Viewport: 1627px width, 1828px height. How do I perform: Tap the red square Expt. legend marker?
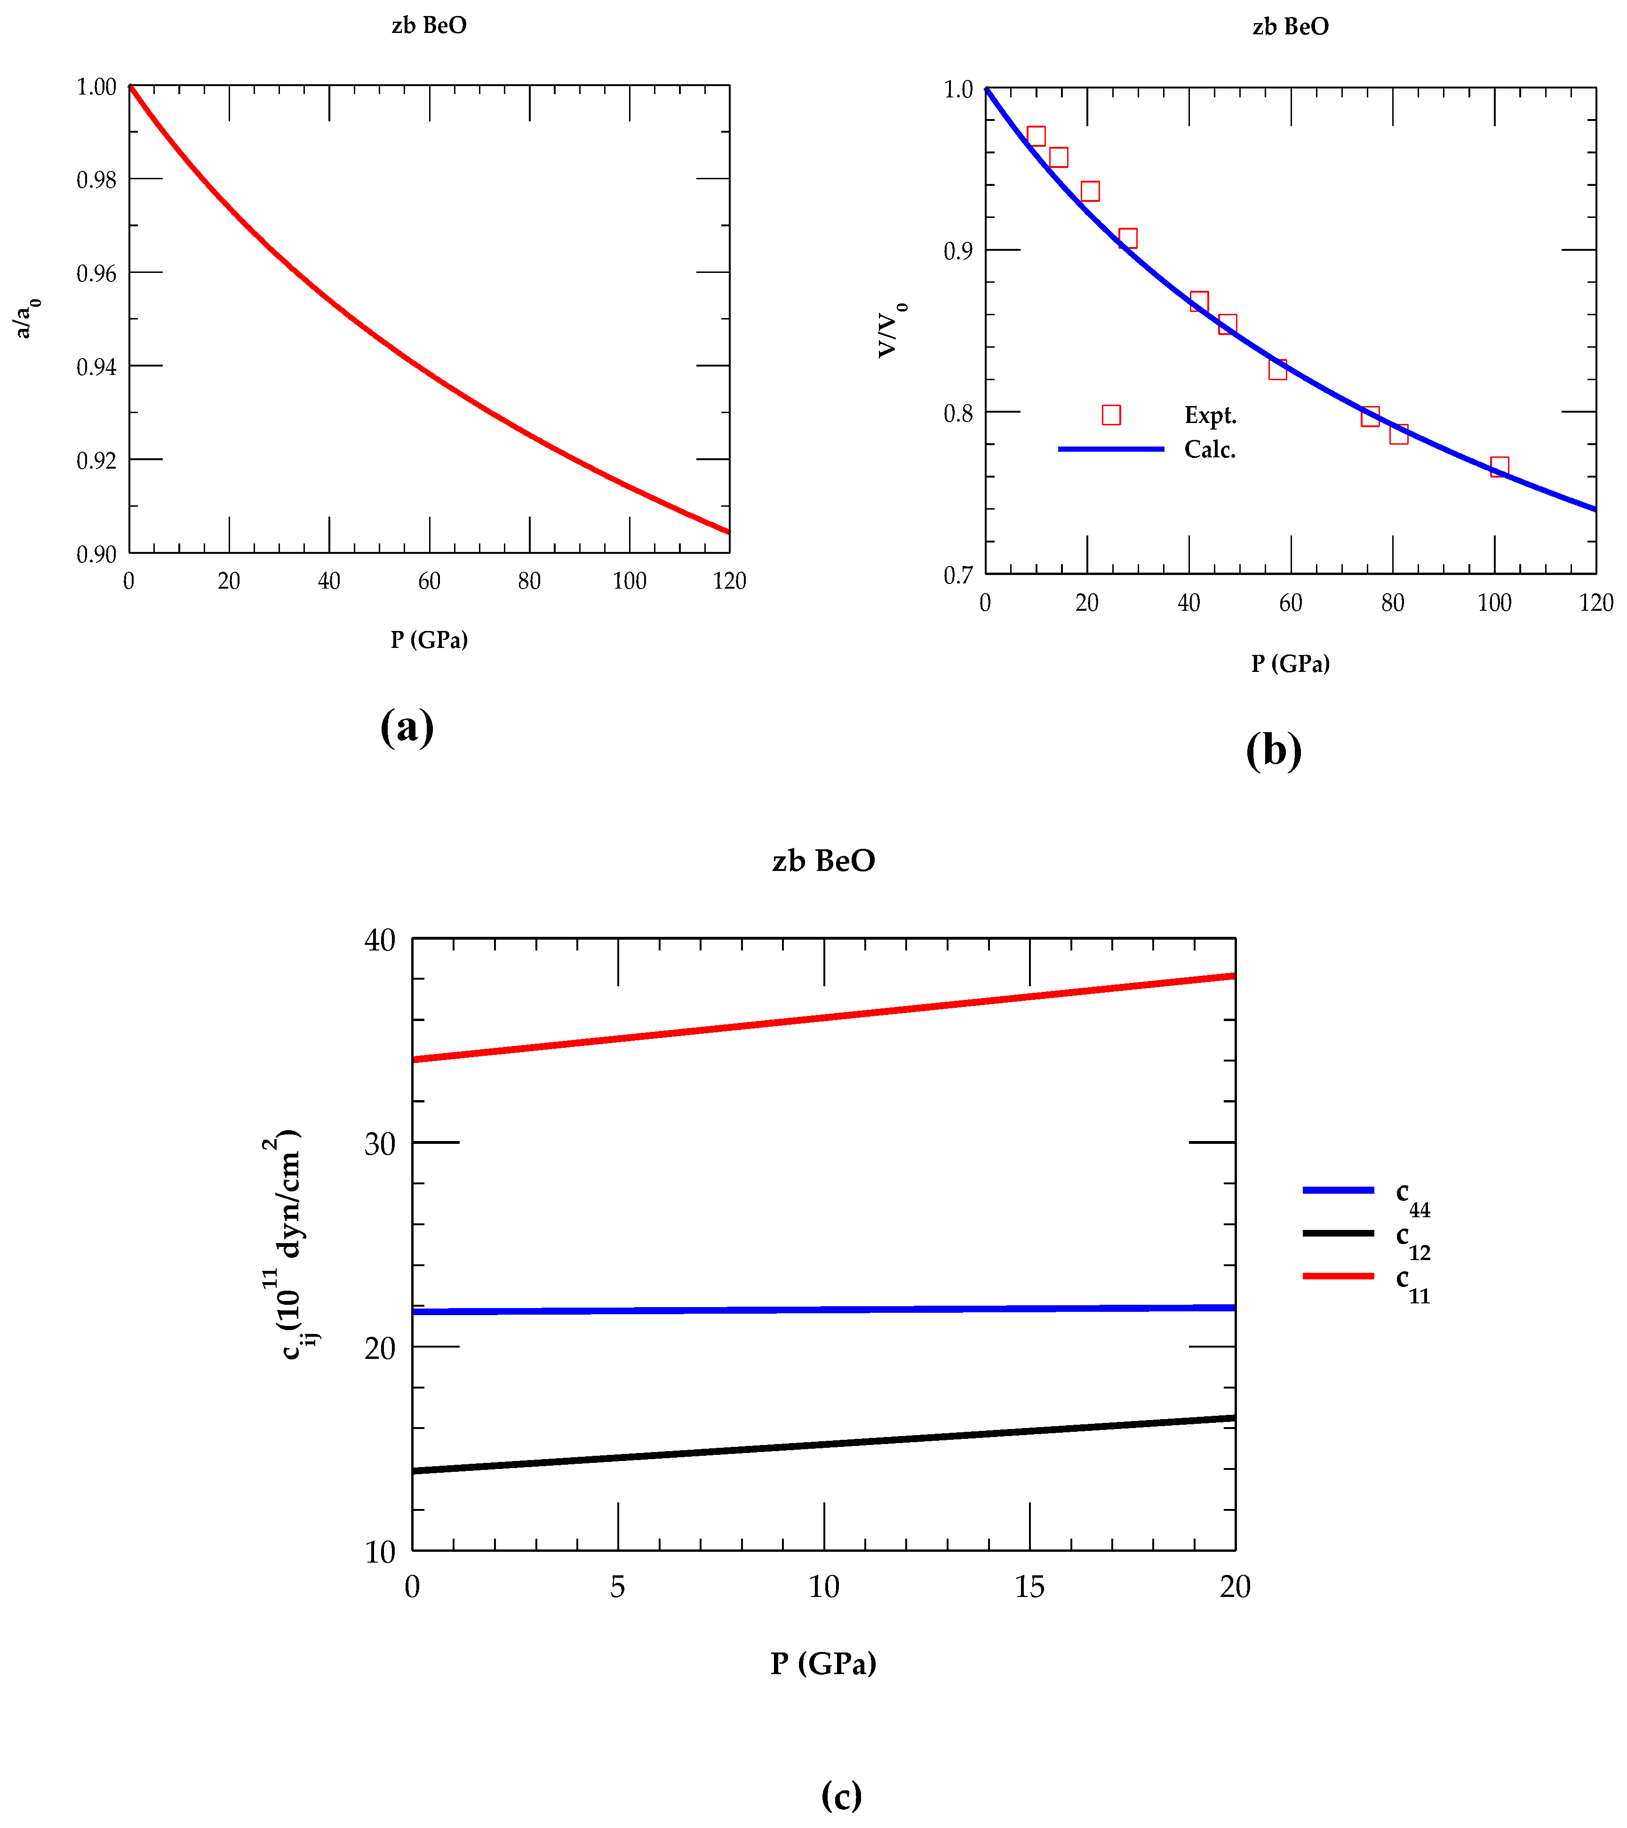click(x=1111, y=415)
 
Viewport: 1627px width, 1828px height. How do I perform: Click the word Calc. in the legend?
click(x=1209, y=450)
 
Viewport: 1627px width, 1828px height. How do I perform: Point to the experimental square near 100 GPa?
click(x=1499, y=467)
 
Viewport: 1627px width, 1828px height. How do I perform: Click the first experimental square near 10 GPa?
click(x=1036, y=136)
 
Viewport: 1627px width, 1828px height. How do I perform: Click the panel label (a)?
click(x=407, y=727)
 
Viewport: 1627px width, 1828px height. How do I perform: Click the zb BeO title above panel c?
click(x=823, y=860)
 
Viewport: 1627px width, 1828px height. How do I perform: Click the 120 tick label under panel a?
click(x=729, y=581)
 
